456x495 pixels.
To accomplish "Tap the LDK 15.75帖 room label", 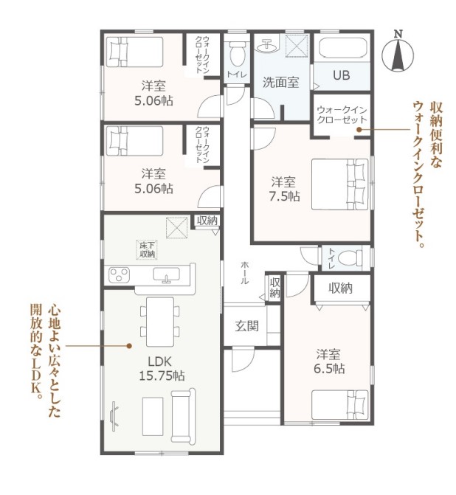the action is click(162, 368).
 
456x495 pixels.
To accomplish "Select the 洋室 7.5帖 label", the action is click(284, 189).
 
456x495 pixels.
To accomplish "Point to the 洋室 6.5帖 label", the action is click(329, 361).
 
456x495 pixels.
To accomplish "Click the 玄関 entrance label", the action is click(246, 326).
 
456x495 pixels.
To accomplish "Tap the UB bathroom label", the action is click(342, 75).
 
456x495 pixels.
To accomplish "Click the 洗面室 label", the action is click(280, 83).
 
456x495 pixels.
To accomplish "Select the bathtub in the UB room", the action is click(343, 48).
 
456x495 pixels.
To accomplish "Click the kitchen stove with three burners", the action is click(119, 274).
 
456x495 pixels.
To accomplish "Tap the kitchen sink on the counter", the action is click(167, 274).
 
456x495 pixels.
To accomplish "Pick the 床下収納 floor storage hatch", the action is click(147, 249).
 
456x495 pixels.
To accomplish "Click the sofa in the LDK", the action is click(183, 415).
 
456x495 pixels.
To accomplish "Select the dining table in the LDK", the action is click(160, 322).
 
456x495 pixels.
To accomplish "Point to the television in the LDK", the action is click(114, 416).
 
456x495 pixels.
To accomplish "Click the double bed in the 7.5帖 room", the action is click(340, 184).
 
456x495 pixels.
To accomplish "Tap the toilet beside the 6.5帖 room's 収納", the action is click(350, 257).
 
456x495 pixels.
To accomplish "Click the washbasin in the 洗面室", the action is click(267, 46).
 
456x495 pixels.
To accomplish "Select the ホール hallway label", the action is click(244, 273).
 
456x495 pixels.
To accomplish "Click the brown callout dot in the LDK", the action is click(129, 346).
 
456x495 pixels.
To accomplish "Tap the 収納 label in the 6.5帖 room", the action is click(340, 288).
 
